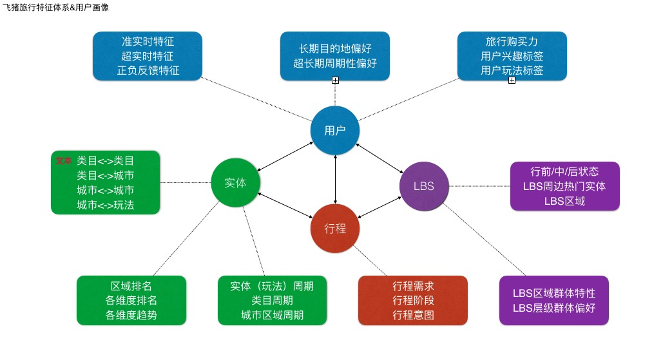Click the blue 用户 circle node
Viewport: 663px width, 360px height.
tap(335, 131)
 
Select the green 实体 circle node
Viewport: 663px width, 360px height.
tap(236, 182)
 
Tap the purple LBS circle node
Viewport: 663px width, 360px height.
tap(424, 186)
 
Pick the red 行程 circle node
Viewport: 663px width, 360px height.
tap(335, 229)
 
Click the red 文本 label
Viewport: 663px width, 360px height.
tap(64, 160)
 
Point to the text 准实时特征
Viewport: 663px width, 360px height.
tap(148, 41)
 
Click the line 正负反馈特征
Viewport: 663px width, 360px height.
tap(148, 70)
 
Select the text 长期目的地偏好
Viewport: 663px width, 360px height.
tap(335, 48)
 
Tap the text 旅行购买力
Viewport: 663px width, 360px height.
tap(512, 41)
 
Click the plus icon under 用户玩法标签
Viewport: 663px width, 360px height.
tap(512, 81)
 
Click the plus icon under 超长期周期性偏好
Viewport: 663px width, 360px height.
tap(335, 81)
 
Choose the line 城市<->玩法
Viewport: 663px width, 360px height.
tap(105, 205)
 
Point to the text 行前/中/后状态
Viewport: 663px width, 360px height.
tap(564, 171)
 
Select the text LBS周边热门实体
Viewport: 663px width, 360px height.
tap(564, 186)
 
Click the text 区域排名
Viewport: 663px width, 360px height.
tap(131, 286)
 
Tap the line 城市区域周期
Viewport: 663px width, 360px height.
tap(272, 315)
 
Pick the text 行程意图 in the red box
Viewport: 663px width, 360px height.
tap(413, 315)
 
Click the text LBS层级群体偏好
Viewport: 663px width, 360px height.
tap(554, 308)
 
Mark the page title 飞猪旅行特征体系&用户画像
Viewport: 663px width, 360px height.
tap(55, 7)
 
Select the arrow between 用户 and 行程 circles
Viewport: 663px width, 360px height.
tap(335, 180)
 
